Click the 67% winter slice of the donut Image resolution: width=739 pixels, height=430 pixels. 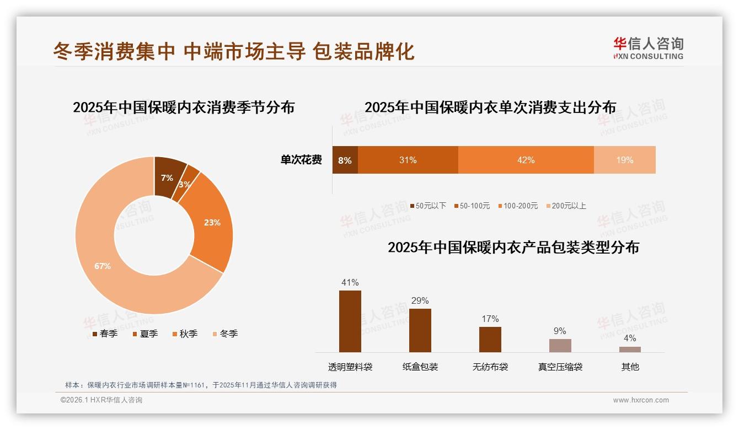[x=102, y=266]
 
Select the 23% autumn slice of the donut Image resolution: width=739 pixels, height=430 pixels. [x=212, y=223]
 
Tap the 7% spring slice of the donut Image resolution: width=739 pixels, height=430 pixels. [x=167, y=177]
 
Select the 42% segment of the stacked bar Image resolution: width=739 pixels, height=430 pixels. [x=526, y=160]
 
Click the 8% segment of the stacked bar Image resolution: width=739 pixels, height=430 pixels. [x=345, y=160]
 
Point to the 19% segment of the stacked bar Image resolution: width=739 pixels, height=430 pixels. [x=624, y=160]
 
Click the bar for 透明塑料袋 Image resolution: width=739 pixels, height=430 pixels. [x=350, y=321]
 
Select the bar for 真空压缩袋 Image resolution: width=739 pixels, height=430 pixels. [x=560, y=346]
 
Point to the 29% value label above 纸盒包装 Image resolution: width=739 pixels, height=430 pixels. [x=420, y=300]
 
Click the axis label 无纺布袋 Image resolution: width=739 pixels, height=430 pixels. [x=490, y=367]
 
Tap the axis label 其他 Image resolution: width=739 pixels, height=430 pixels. [x=630, y=367]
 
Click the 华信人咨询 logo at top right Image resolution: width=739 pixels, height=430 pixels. [x=648, y=48]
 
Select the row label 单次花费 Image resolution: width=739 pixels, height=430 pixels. [x=301, y=160]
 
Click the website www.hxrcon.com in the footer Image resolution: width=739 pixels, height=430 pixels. [x=640, y=400]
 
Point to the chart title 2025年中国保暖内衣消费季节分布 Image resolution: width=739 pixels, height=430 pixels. [x=184, y=107]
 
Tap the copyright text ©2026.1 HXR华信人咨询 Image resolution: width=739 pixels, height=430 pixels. [x=101, y=400]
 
